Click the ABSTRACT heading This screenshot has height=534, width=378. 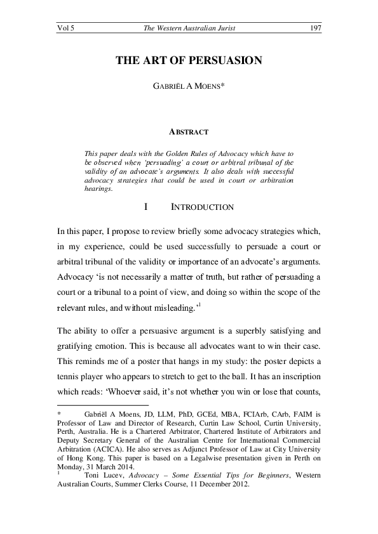click(189, 132)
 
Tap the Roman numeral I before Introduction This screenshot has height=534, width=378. click(146, 207)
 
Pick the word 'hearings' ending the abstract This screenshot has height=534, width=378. click(98, 188)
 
